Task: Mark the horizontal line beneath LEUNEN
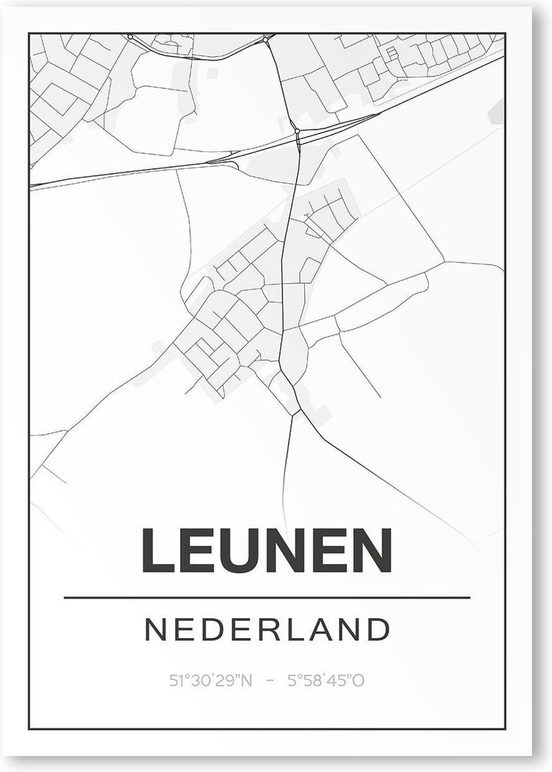[x=266, y=598]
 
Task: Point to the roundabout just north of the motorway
[x=297, y=131]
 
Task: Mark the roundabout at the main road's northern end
[x=266, y=40]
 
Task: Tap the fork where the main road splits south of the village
[x=294, y=412]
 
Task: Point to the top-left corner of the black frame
[x=30, y=32]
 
